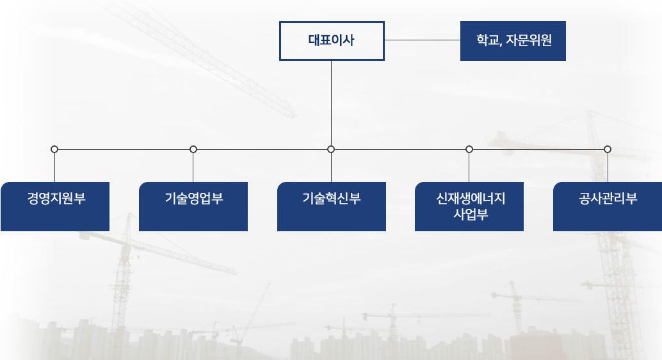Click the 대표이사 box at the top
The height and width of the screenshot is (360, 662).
(x=332, y=41)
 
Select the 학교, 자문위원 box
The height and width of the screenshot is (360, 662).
(x=513, y=41)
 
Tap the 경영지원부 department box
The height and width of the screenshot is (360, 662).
(x=55, y=207)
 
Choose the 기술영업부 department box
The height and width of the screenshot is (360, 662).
(x=193, y=207)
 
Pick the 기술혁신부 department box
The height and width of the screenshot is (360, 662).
(x=332, y=207)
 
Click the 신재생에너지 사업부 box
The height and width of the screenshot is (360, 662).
(x=469, y=207)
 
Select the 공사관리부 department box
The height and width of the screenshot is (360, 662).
(x=608, y=207)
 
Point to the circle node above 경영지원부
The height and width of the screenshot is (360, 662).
(x=54, y=149)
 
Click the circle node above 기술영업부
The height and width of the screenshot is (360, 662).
(x=193, y=149)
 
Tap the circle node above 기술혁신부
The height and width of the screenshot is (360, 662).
(x=331, y=149)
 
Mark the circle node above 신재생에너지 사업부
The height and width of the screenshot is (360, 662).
(x=469, y=149)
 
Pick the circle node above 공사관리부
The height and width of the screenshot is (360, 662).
(x=608, y=149)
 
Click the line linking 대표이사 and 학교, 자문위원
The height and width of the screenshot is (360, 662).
(x=422, y=40)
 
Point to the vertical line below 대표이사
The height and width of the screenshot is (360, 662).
(x=331, y=103)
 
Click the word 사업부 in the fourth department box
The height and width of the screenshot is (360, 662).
(x=471, y=214)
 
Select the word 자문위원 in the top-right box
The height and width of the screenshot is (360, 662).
(x=529, y=40)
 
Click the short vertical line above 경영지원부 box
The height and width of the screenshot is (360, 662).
(x=54, y=167)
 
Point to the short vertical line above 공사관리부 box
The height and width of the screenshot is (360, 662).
(x=608, y=167)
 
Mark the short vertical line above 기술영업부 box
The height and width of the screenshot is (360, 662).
(x=193, y=167)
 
